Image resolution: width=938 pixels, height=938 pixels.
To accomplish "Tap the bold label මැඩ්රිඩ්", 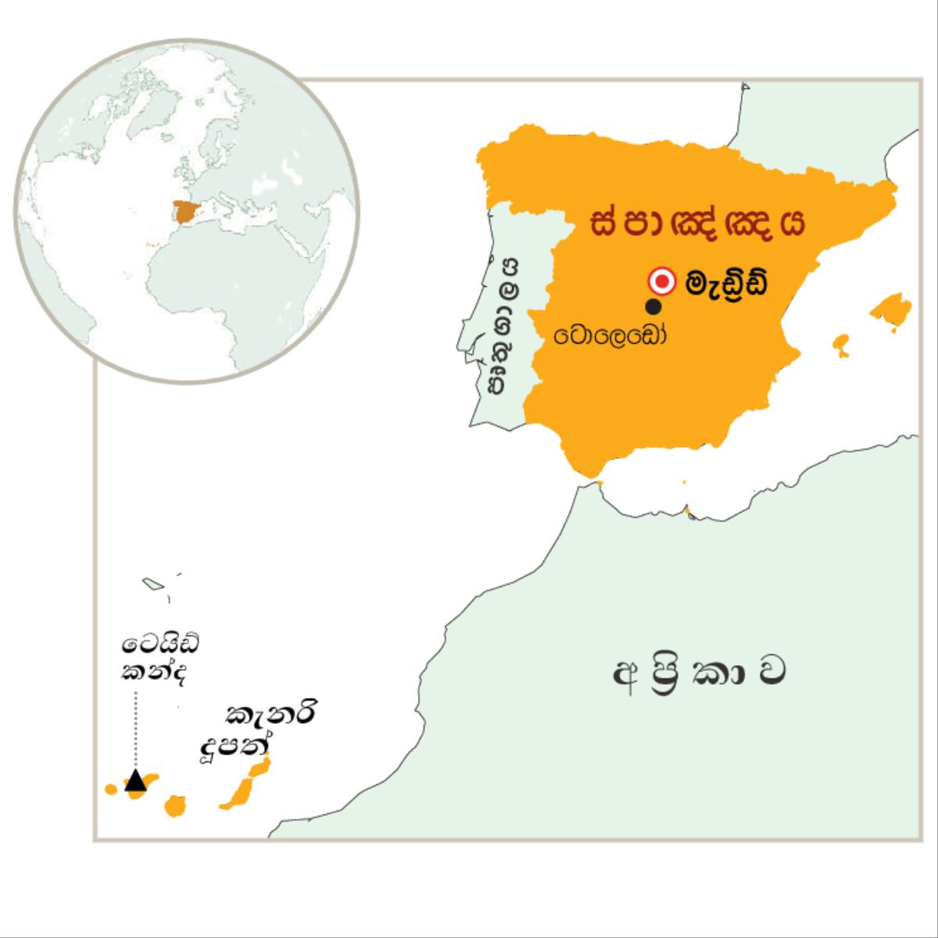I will pos(725,283).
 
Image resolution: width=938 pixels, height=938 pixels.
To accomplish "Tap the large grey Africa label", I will pos(698,675).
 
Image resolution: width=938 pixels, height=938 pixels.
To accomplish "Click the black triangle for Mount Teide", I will pos(135,780).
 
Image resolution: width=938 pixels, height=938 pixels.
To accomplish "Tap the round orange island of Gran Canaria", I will pos(174,805).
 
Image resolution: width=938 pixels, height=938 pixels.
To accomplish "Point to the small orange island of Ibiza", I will pos(840,343).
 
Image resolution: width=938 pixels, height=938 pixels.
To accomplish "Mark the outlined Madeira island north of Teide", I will pos(152,583).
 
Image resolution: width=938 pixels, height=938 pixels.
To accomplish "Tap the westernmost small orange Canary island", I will pos(110,789).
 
